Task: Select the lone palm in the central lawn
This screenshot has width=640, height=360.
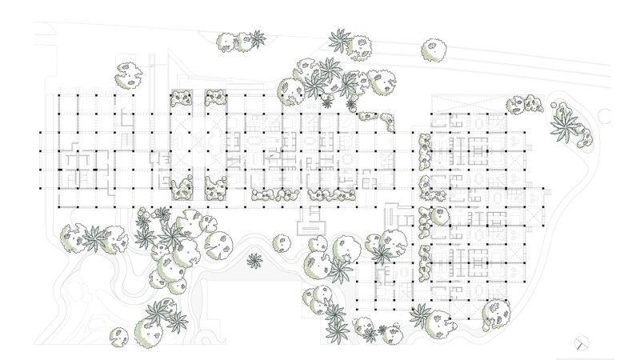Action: (x=254, y=260)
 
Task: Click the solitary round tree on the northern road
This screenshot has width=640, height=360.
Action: (x=433, y=50)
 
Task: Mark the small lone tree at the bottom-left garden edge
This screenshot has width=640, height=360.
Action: (x=119, y=334)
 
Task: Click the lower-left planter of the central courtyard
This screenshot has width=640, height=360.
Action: (x=182, y=189)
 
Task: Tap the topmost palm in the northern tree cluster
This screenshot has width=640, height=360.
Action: (x=340, y=39)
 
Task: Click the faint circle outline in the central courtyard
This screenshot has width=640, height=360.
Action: (x=214, y=144)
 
